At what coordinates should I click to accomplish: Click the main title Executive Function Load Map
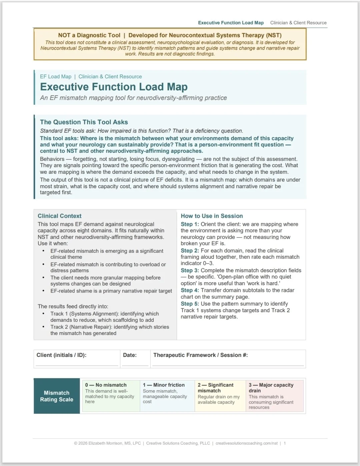pyautogui.click(x=114, y=87)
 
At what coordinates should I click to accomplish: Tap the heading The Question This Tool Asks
pyautogui.click(x=84, y=122)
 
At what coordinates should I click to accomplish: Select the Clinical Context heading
pyautogui.click(x=59, y=216)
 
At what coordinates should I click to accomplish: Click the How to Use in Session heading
pyautogui.click(x=212, y=216)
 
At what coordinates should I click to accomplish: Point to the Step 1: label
pyautogui.click(x=190, y=224)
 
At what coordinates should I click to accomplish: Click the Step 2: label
pyautogui.click(x=190, y=251)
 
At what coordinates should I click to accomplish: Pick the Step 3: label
pyautogui.click(x=190, y=270)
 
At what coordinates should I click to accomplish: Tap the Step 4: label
pyautogui.click(x=190, y=290)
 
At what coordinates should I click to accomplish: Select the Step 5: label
pyautogui.click(x=190, y=304)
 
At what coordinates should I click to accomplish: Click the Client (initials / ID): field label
pyautogui.click(x=61, y=355)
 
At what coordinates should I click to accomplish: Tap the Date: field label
pyautogui.click(x=130, y=355)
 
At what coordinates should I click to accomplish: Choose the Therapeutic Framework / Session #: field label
pyautogui.click(x=200, y=355)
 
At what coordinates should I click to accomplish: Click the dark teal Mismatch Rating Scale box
pyautogui.click(x=57, y=396)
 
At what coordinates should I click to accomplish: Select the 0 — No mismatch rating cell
pyautogui.click(x=111, y=396)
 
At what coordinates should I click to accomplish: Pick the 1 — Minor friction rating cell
pyautogui.click(x=167, y=396)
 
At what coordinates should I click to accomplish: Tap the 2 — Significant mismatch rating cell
pyautogui.click(x=220, y=396)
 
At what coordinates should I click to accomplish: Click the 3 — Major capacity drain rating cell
pyautogui.click(x=274, y=396)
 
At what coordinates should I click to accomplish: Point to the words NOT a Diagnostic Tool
pyautogui.click(x=89, y=35)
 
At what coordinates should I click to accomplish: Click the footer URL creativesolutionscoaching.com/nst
pyautogui.click(x=246, y=443)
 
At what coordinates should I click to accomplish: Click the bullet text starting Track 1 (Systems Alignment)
pyautogui.click(x=104, y=317)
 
